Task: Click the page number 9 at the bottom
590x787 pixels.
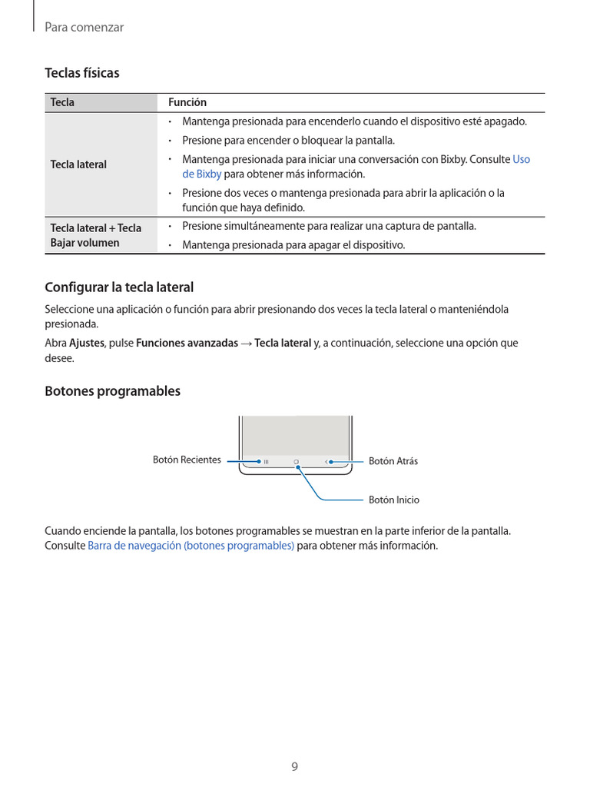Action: tap(294, 766)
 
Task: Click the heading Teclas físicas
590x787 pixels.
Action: tap(82, 73)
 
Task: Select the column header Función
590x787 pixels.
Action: tap(187, 102)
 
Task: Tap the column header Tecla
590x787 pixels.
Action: tap(62, 102)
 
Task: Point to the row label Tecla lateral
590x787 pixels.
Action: tap(78, 164)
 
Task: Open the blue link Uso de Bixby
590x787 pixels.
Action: tap(520, 160)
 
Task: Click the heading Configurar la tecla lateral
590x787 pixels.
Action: tap(119, 287)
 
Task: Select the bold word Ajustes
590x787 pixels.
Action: tap(87, 343)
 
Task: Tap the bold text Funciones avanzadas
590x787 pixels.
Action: tap(187, 343)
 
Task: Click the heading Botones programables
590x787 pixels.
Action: tap(112, 391)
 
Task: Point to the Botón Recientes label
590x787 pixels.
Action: tap(187, 460)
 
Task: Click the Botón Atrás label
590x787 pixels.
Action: tap(393, 461)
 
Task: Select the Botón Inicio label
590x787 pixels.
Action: tap(394, 500)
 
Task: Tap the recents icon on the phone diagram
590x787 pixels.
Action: tap(265, 462)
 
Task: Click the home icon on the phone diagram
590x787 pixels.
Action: tap(296, 462)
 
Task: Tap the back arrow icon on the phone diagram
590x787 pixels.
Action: tap(326, 462)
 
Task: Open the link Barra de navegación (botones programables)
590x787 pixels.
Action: tap(191, 546)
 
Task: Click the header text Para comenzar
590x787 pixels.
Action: tap(85, 27)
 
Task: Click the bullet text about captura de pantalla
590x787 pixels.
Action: tap(329, 226)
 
